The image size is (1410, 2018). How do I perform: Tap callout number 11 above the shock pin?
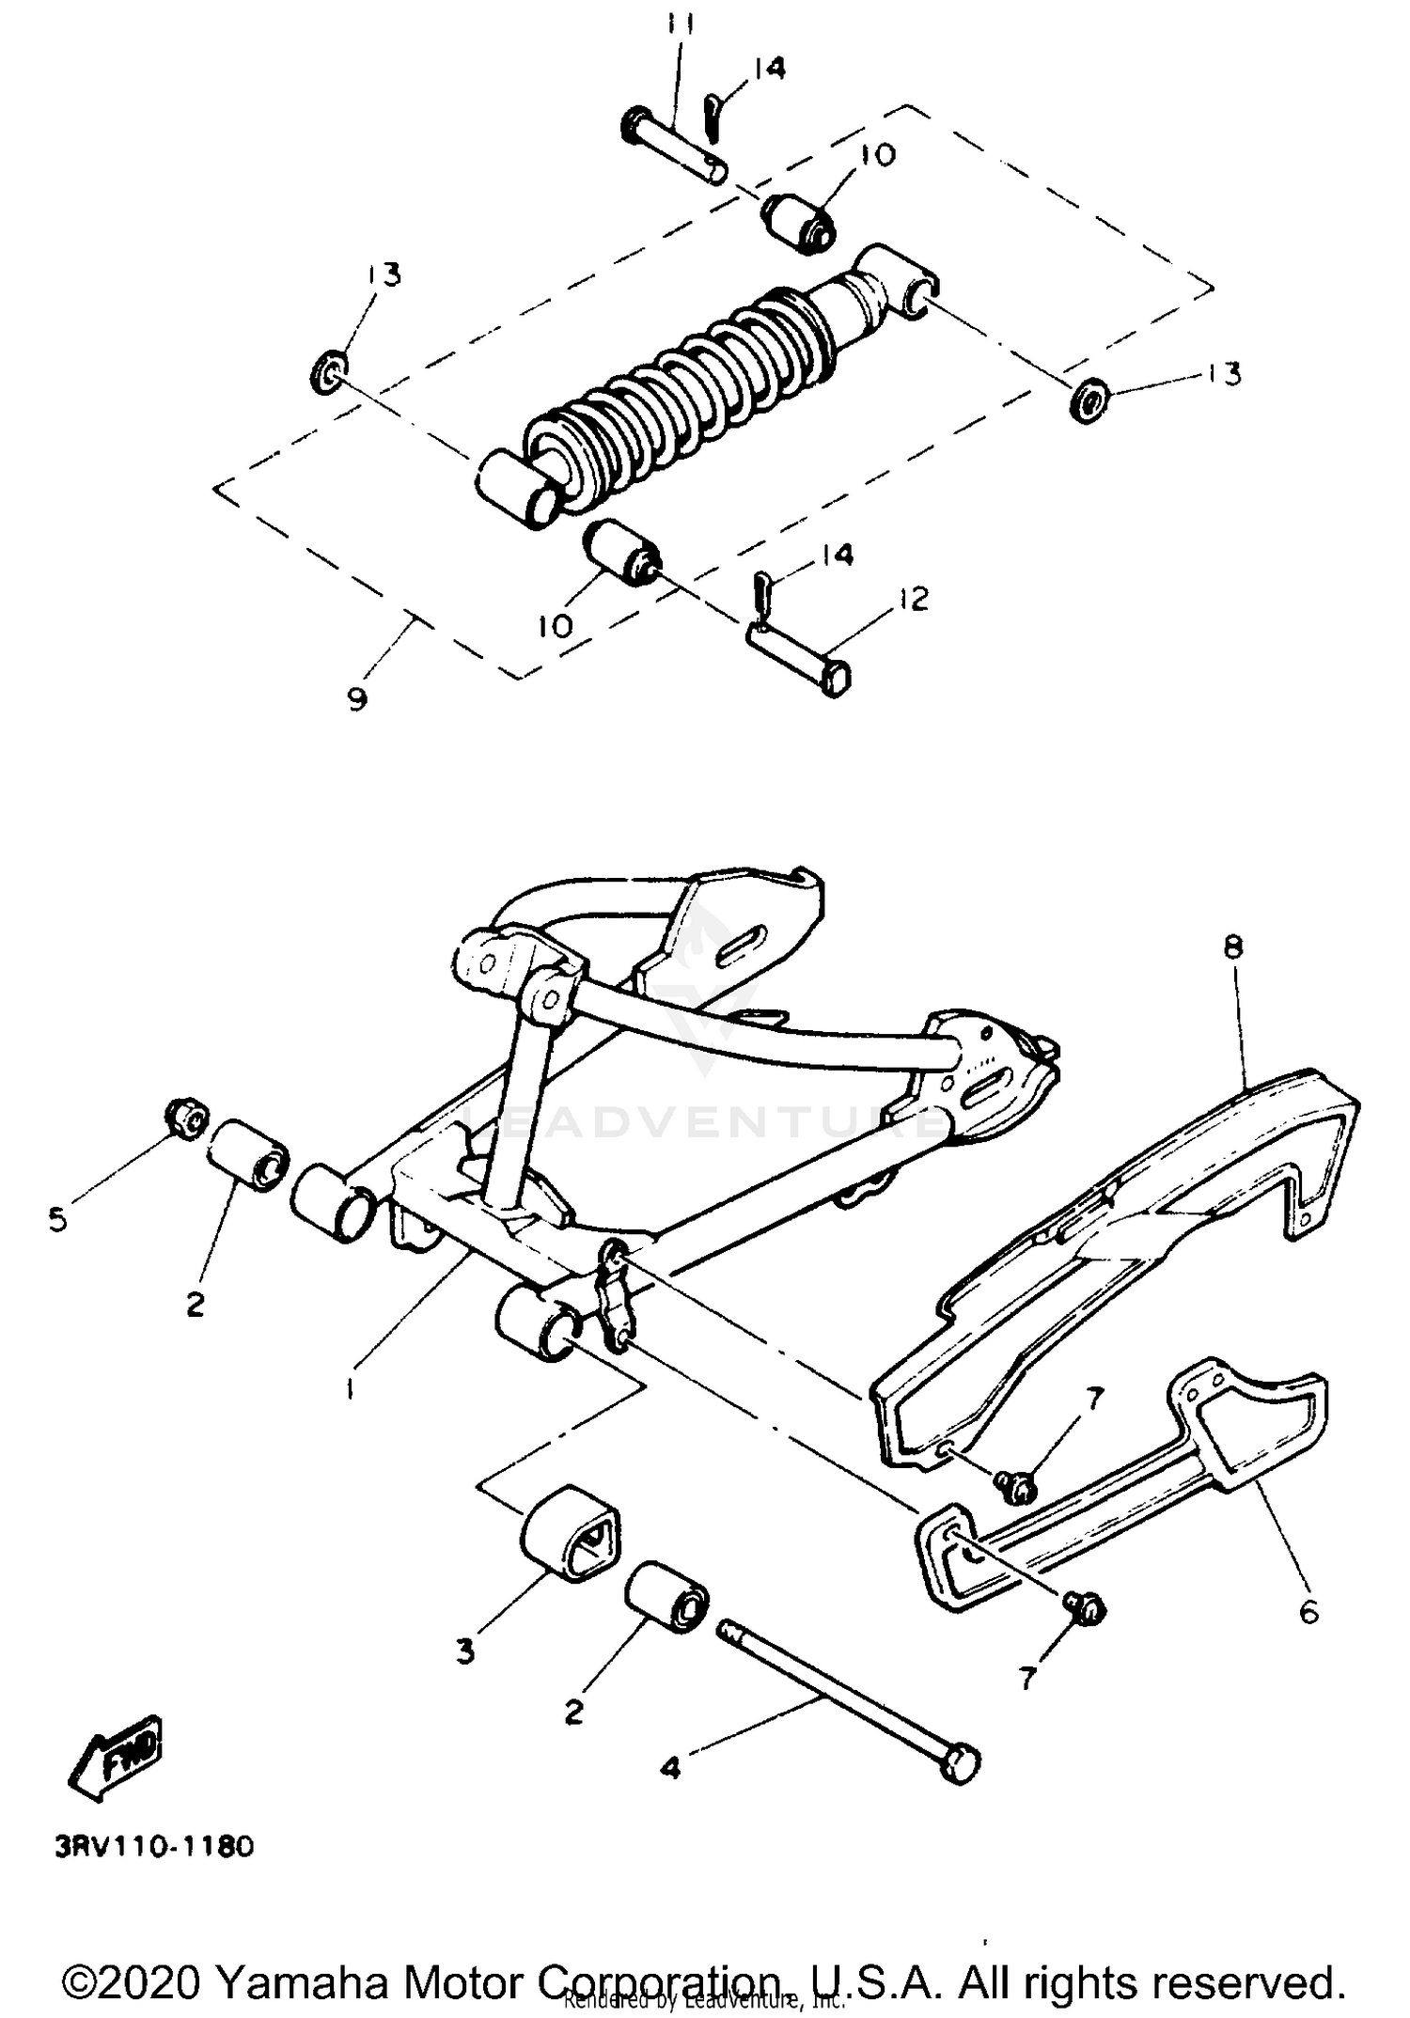coord(681,27)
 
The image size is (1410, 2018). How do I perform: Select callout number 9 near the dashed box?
coord(357,699)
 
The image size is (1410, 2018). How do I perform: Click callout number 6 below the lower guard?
coord(1308,1613)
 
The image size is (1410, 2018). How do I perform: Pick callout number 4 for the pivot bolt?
coord(669,1768)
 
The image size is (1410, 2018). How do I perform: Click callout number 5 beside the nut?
coord(58,1220)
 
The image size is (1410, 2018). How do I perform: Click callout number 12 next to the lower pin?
coord(913,599)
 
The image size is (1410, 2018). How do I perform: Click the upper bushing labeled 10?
coord(797,222)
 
